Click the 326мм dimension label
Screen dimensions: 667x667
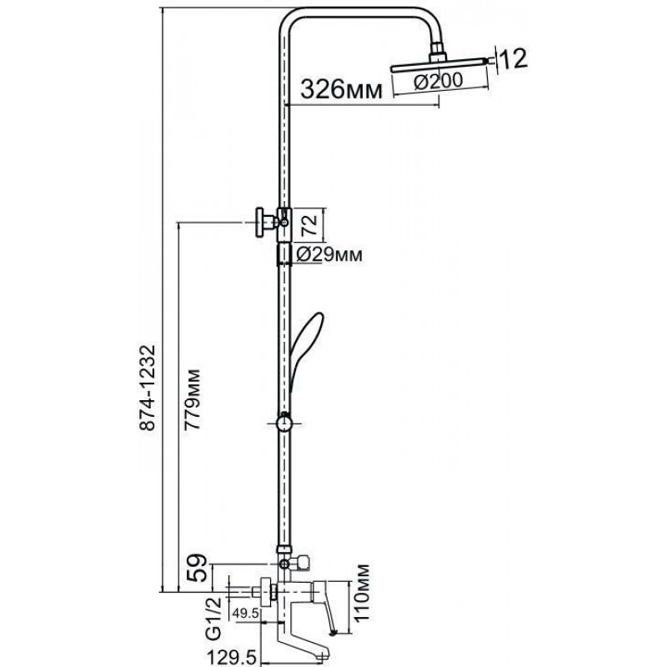[342, 89]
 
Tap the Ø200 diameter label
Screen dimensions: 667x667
[439, 81]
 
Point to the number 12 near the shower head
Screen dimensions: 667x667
[513, 58]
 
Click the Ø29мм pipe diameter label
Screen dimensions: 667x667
[329, 254]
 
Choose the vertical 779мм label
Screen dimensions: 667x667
[192, 399]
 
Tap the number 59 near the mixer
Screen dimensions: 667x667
[198, 568]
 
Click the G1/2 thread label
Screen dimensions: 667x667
[214, 618]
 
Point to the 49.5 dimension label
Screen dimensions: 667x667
[245, 613]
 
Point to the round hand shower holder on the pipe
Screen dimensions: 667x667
[283, 424]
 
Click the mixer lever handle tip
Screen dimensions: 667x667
[334, 633]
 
